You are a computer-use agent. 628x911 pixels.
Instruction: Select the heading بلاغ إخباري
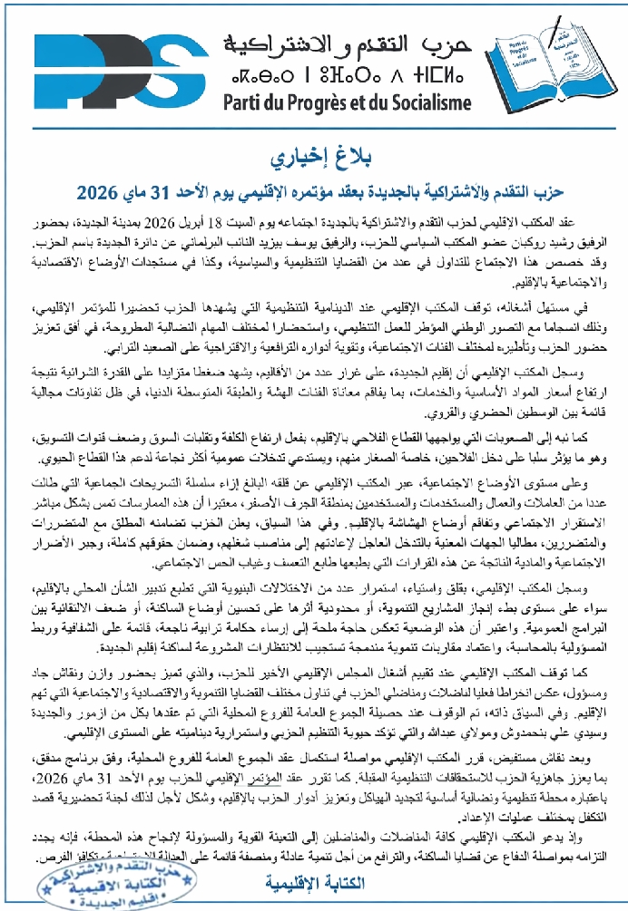315,160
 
